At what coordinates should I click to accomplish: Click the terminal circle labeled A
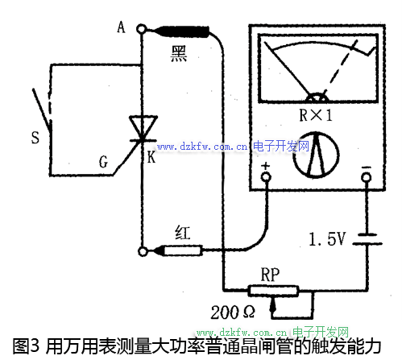[x=142, y=29]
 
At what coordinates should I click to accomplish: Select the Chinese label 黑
[x=179, y=54]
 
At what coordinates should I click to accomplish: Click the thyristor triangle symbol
[x=143, y=126]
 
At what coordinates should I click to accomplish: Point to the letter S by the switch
[x=35, y=138]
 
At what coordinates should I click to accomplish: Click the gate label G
[x=103, y=162]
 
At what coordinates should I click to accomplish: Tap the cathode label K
[x=151, y=157]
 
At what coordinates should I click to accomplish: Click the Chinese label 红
[x=183, y=233]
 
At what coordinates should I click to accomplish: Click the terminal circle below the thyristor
[x=143, y=251]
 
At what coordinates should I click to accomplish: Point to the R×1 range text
[x=316, y=115]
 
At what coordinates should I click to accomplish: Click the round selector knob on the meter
[x=316, y=155]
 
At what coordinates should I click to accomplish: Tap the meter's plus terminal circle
[x=266, y=177]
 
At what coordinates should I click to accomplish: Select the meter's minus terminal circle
[x=367, y=177]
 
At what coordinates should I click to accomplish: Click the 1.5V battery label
[x=327, y=238]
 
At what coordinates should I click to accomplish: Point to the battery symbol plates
[x=367, y=239]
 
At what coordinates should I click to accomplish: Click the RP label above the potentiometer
[x=270, y=275]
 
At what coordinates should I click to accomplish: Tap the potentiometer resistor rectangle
[x=273, y=291]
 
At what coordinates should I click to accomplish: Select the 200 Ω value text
[x=233, y=312]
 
